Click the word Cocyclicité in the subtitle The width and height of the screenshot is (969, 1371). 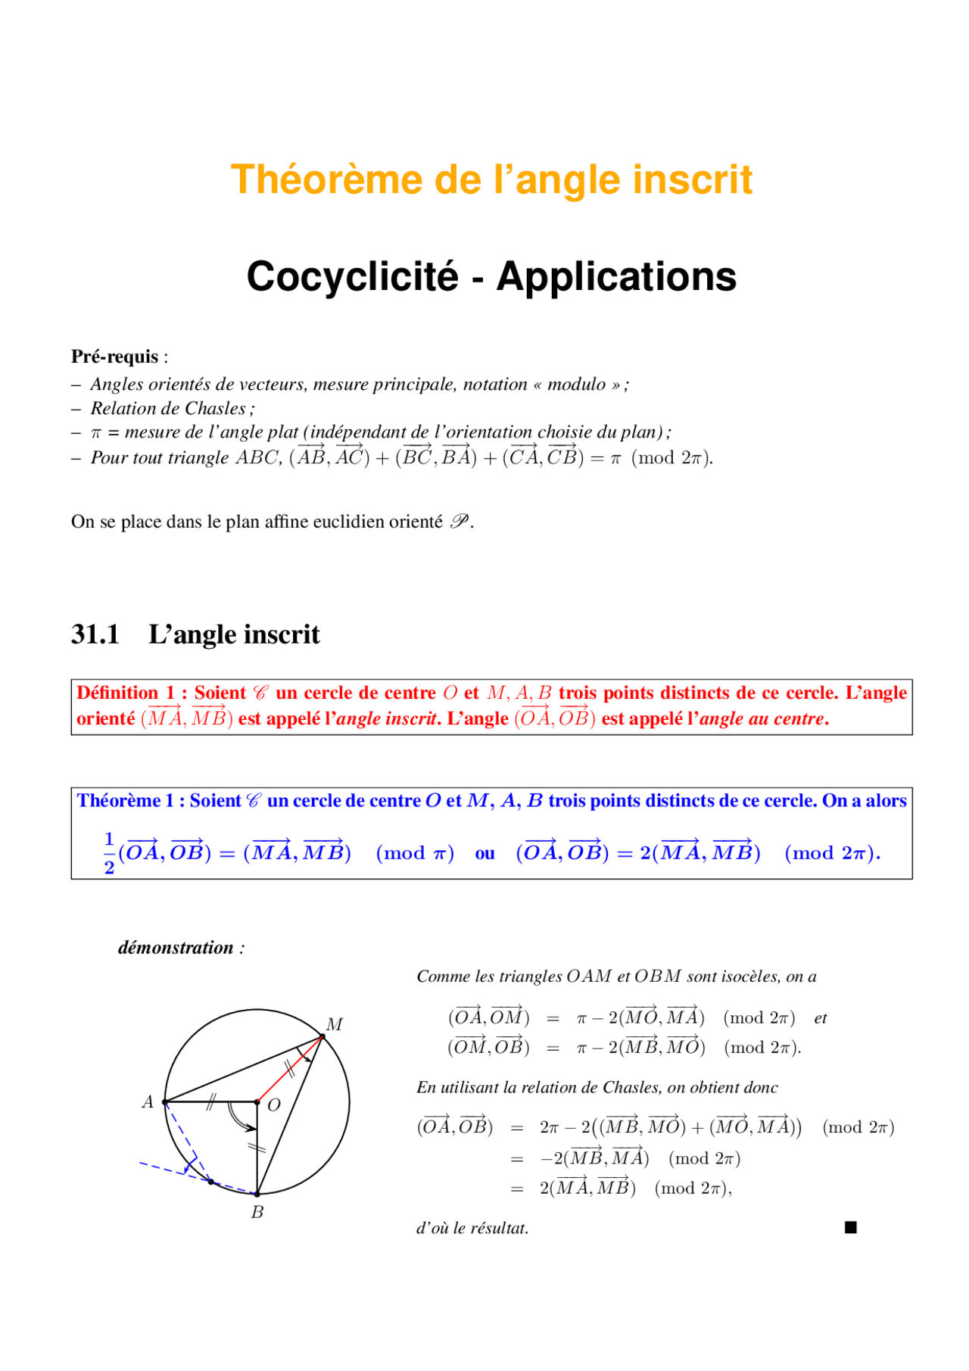[352, 276]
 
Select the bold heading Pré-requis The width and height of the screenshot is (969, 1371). [114, 357]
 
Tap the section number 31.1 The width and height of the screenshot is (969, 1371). [95, 634]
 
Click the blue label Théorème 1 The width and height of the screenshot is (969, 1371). [125, 801]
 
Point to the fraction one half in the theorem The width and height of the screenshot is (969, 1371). [109, 853]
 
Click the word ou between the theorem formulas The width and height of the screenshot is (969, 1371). [484, 854]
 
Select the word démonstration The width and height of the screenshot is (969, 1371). [176, 948]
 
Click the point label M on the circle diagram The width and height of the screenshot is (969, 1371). [335, 1024]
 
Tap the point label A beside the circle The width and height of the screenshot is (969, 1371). [148, 1102]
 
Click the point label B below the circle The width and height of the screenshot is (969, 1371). [257, 1212]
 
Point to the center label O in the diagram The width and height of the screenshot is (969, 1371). [274, 1105]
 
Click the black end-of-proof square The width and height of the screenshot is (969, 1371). [850, 1227]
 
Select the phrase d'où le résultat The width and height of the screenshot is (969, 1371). [472, 1228]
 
